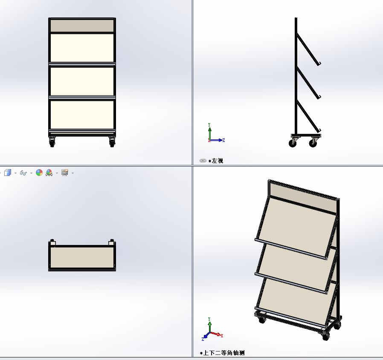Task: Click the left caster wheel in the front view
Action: tap(52, 142)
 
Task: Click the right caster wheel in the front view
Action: tap(112, 142)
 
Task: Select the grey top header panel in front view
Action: tap(82, 26)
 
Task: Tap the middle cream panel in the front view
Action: tap(82, 81)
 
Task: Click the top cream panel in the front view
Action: tap(82, 48)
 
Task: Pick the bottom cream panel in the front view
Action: tap(82, 115)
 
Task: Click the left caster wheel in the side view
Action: tap(293, 142)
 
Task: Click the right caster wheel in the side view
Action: tap(313, 142)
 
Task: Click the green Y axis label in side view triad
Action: tap(209, 125)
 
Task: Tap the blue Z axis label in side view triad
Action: tap(223, 140)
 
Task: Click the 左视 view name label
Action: tap(218, 161)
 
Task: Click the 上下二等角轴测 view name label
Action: tap(224, 353)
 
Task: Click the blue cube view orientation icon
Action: tap(8, 173)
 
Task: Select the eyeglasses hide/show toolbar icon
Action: tap(23, 173)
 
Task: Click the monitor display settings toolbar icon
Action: tap(65, 173)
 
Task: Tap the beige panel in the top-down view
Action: tap(82, 257)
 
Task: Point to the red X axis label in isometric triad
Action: tap(222, 336)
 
